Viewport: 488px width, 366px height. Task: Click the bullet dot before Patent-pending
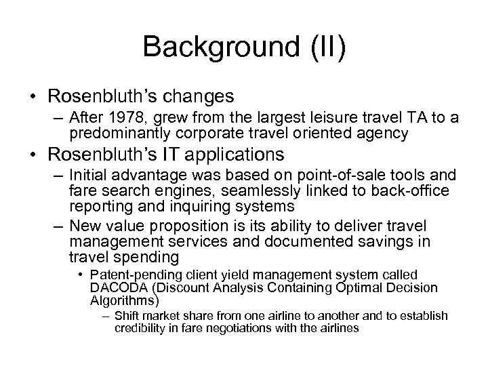pos(81,275)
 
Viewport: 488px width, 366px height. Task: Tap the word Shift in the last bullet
pos(127,316)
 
